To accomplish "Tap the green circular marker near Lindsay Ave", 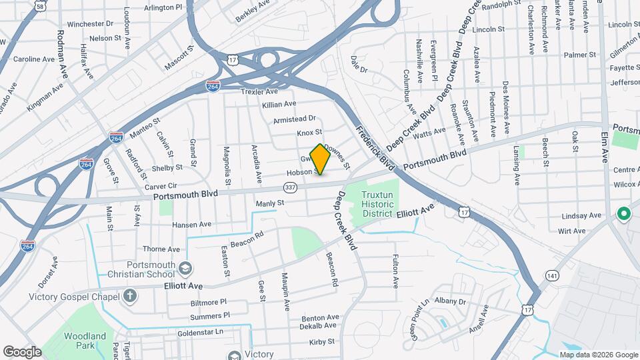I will [x=624, y=214].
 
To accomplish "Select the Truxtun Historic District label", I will [x=380, y=204].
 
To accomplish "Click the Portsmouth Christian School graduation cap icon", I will [x=185, y=268].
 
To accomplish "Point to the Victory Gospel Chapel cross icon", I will [x=129, y=294].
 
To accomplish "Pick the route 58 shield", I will [x=41, y=5].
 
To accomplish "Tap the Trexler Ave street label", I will [x=259, y=91].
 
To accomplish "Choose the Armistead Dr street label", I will [x=294, y=119].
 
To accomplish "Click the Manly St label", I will [x=270, y=203].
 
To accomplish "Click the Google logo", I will [x=22, y=351].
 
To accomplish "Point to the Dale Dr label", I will [x=359, y=64].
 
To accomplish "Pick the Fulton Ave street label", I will [x=395, y=271].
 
